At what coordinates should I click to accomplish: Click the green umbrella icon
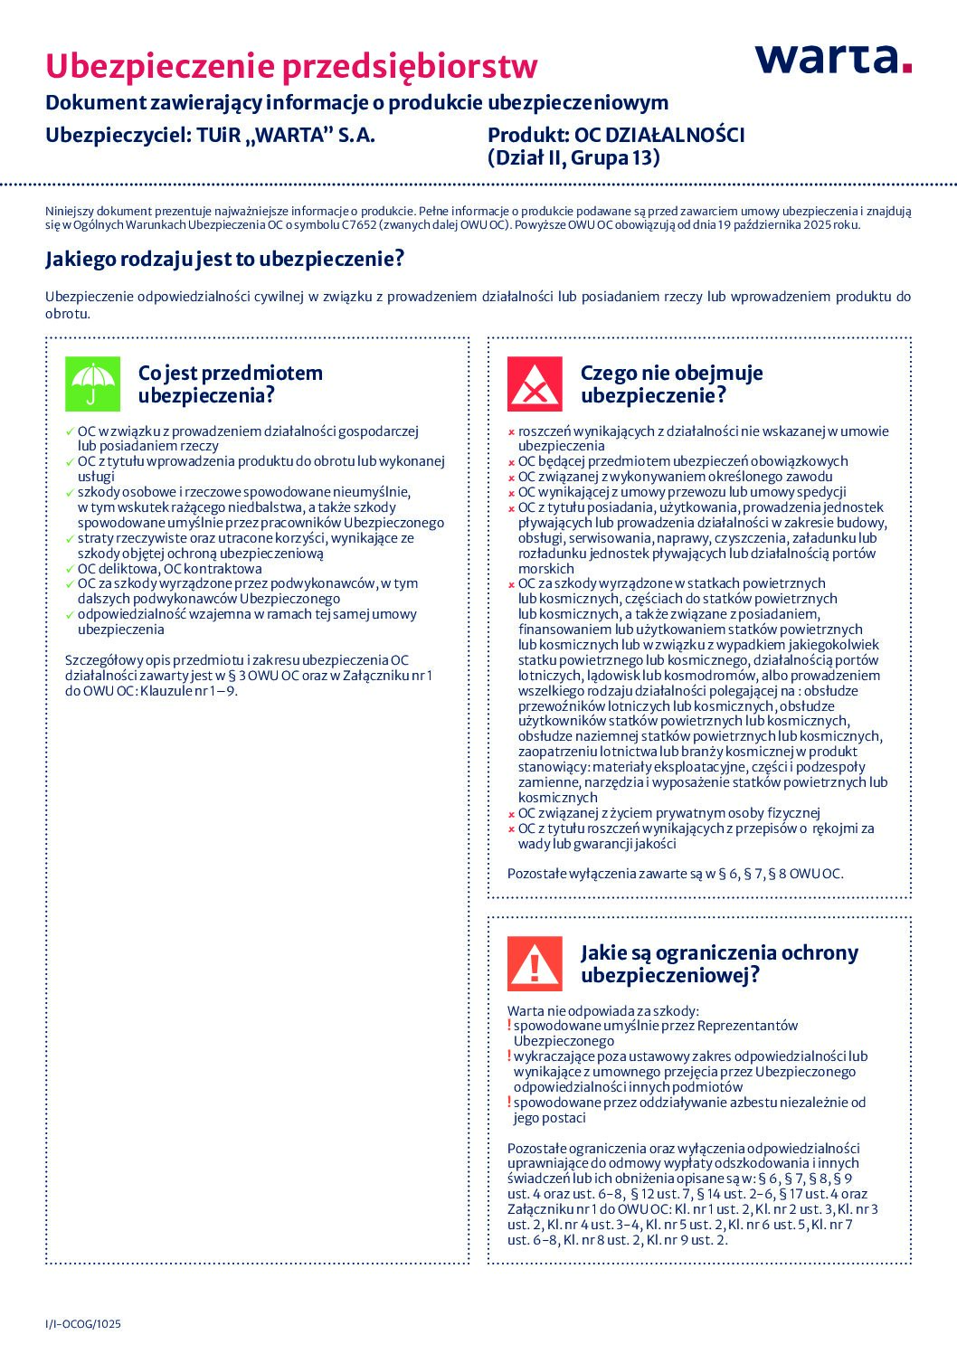(x=91, y=383)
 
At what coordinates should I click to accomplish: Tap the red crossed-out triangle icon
(x=534, y=383)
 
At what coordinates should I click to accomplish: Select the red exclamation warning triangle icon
(x=534, y=963)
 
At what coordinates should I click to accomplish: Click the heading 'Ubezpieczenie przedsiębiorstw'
(x=291, y=66)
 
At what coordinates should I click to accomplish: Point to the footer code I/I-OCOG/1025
(x=83, y=1324)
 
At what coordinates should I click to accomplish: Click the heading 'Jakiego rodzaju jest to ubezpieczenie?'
(x=224, y=260)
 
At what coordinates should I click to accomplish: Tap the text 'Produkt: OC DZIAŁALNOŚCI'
(x=616, y=136)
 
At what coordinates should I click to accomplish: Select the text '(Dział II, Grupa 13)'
(x=573, y=158)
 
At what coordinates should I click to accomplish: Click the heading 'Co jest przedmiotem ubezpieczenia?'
(x=230, y=384)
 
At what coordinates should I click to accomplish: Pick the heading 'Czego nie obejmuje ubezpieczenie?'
(x=671, y=384)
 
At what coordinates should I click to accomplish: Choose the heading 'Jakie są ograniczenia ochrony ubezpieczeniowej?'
(x=719, y=963)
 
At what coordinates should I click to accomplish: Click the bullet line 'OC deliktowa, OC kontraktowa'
(x=169, y=569)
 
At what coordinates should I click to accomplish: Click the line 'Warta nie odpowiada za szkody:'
(x=602, y=1011)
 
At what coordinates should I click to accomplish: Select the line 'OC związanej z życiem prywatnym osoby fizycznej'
(x=668, y=813)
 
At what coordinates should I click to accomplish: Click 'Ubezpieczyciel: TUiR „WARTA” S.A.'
(x=210, y=136)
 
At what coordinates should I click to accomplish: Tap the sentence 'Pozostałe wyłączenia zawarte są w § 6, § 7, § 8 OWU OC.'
(x=675, y=874)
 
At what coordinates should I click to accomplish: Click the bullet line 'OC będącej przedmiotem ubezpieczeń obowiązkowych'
(x=683, y=461)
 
